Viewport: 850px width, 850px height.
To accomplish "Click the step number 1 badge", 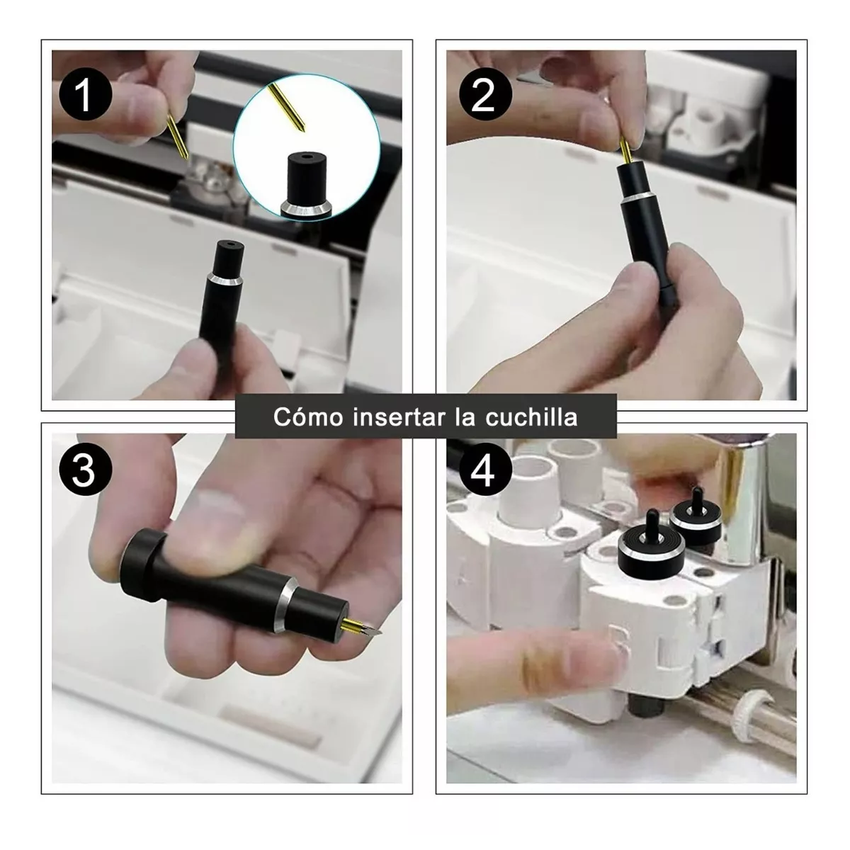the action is click(85, 94).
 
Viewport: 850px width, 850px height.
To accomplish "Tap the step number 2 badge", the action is click(485, 94).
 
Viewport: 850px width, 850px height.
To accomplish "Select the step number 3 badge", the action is click(85, 471).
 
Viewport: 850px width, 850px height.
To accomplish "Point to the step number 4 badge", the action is click(485, 471).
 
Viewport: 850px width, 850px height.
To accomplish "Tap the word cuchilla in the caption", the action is click(531, 416).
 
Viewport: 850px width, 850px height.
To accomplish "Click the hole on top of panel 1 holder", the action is click(229, 244).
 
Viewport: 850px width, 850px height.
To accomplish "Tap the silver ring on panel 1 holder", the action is click(225, 278).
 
